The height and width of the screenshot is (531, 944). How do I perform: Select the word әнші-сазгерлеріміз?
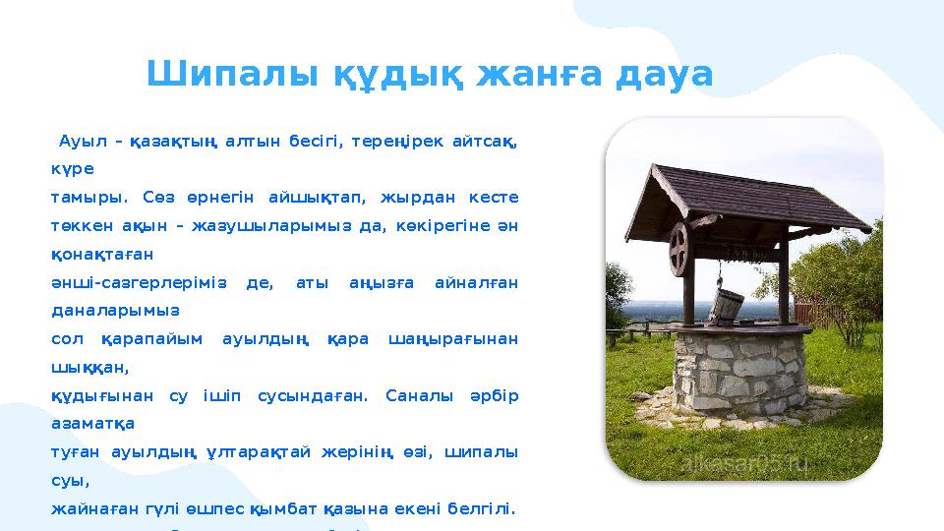pyautogui.click(x=138, y=282)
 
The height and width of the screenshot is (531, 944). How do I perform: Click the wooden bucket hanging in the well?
pyautogui.click(x=727, y=305)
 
